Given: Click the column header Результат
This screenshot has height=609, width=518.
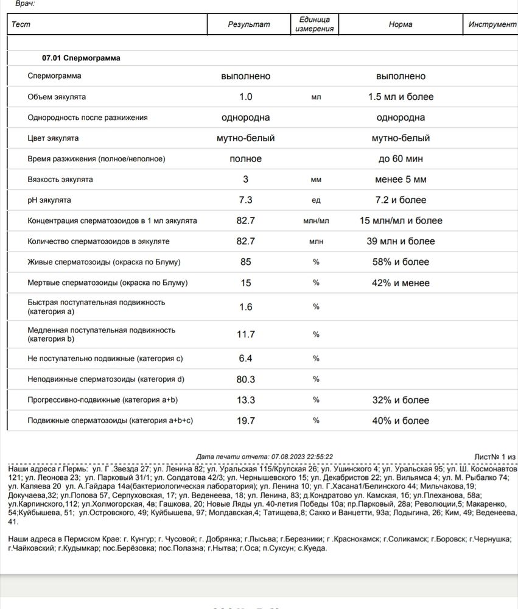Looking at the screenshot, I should tap(248, 24).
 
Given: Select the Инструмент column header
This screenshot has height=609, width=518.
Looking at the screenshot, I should tap(492, 24).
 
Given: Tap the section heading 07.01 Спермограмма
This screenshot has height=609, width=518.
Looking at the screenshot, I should tap(81, 58).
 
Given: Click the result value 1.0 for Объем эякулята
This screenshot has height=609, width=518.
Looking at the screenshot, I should tap(245, 97).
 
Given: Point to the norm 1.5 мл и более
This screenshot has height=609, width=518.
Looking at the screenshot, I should tap(401, 97).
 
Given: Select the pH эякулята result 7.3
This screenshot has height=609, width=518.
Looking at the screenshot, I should tap(245, 200).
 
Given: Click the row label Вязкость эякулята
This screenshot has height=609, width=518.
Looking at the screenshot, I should tap(60, 180).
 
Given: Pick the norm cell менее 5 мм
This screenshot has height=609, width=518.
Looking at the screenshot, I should tap(401, 180).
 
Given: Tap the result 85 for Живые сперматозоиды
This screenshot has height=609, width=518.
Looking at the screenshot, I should tap(245, 262).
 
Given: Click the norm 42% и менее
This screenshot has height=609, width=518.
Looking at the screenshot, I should tap(401, 283).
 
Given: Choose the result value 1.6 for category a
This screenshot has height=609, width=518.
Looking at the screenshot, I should tap(245, 306).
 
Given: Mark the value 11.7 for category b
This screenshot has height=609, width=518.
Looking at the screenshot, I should tap(245, 334).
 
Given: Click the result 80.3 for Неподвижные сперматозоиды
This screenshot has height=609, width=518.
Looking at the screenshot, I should tap(245, 379).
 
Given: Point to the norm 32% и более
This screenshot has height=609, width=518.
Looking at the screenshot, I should tap(401, 400).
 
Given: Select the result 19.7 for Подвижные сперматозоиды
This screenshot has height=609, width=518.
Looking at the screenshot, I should tap(245, 421).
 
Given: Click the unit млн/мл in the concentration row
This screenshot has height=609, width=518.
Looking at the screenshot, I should tap(316, 221).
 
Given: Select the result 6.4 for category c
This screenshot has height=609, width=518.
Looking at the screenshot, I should tap(245, 359).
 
